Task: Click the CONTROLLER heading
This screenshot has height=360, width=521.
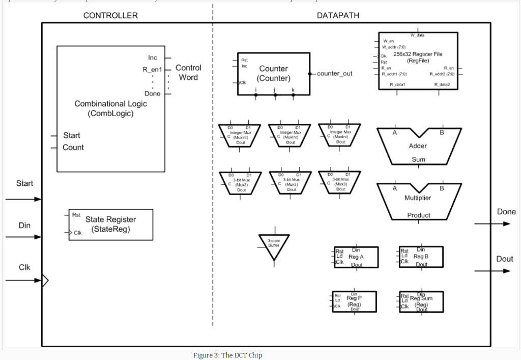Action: click(x=110, y=15)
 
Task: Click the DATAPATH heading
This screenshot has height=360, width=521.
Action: click(x=338, y=15)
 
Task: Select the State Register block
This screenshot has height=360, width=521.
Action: click(x=110, y=225)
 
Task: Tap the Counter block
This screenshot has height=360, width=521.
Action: click(x=274, y=73)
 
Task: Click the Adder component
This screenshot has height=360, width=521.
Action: click(x=418, y=146)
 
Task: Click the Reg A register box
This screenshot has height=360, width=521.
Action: click(x=356, y=257)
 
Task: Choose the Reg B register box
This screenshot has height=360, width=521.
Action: click(x=421, y=257)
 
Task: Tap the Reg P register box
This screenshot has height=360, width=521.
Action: click(x=354, y=301)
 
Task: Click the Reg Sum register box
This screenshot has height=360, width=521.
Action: click(x=421, y=301)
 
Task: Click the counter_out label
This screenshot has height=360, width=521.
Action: click(x=334, y=74)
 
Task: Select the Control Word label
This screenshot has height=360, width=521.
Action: click(x=188, y=73)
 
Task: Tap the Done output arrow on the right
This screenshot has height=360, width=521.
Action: click(x=492, y=224)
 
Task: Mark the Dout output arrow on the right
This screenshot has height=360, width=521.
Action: click(x=492, y=271)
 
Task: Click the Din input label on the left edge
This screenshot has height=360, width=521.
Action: click(x=24, y=225)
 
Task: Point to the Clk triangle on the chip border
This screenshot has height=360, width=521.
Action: click(x=45, y=280)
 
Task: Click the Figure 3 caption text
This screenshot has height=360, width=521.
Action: click(x=227, y=355)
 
